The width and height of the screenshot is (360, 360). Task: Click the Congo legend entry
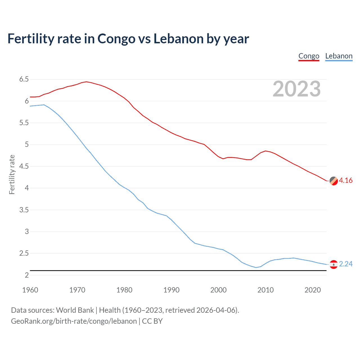point(309,56)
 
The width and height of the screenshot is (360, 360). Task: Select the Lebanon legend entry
point(339,56)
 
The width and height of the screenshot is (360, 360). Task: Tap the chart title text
point(128,39)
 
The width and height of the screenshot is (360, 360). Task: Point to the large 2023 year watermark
point(296,89)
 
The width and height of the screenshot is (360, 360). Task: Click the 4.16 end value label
point(346,181)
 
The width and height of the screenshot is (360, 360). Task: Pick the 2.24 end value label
point(346,264)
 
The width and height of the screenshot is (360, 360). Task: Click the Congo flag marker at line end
point(334,181)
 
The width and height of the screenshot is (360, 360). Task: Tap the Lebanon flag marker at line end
point(334,264)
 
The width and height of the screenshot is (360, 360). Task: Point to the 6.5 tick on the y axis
point(24,79)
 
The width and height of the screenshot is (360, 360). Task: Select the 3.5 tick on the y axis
point(24,210)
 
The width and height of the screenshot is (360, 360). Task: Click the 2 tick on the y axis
point(27,275)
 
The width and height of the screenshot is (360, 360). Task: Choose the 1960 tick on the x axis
point(30,290)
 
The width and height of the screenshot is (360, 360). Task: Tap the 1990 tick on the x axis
point(171,290)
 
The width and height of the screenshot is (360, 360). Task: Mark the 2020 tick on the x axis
point(312,290)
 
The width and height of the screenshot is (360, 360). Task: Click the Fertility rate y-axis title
point(12,174)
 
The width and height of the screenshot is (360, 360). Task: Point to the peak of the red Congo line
point(86,82)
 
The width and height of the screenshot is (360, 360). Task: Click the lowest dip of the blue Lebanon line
point(256,267)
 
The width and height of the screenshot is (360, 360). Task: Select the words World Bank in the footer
point(75,310)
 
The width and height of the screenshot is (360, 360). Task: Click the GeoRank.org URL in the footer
point(74,321)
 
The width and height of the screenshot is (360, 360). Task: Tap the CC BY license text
point(152,321)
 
